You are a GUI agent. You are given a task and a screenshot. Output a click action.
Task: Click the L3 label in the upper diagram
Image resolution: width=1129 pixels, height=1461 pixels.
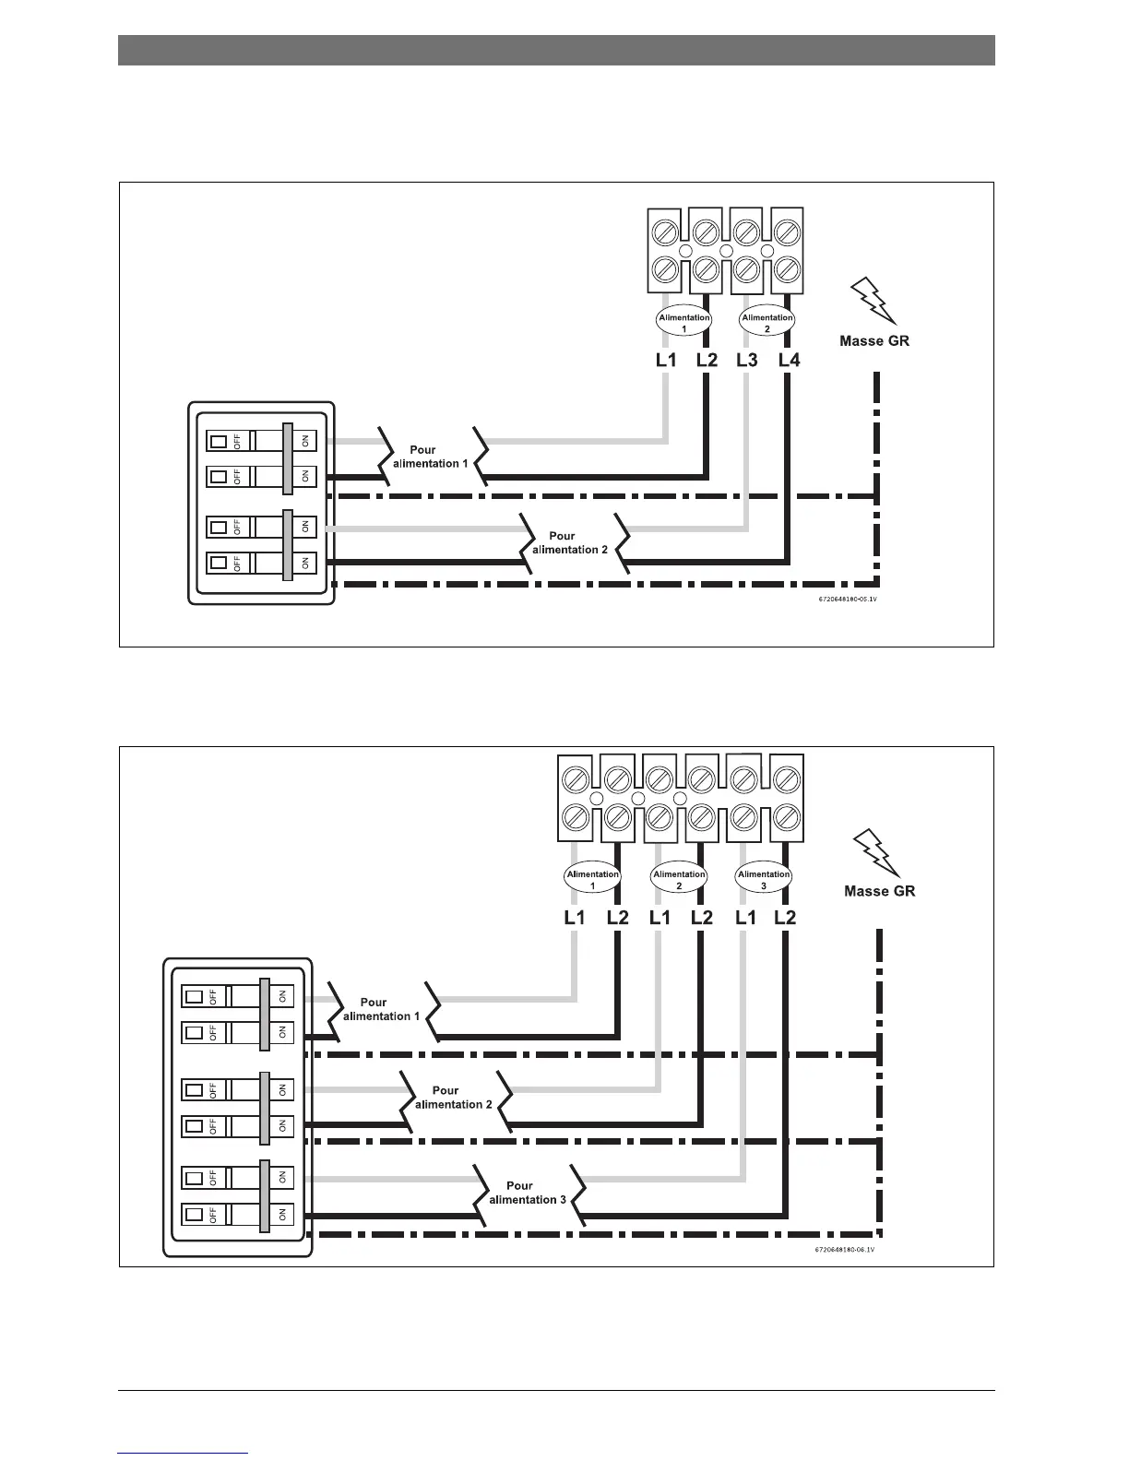[x=747, y=360]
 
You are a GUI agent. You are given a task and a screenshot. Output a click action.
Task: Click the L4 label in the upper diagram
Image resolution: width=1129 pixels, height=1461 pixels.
[x=790, y=360]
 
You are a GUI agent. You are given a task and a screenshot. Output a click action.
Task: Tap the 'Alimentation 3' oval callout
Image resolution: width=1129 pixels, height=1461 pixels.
[x=764, y=879]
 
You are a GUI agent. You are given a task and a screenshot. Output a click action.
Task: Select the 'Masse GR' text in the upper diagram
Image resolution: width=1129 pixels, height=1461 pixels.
[x=874, y=340]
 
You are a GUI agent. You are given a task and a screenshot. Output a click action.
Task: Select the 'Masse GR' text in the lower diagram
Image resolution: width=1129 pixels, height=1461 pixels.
[x=880, y=891]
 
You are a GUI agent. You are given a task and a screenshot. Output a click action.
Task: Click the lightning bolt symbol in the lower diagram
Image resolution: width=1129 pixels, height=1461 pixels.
[x=877, y=852]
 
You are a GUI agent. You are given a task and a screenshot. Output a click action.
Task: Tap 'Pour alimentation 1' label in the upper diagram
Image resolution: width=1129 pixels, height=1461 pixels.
[x=425, y=457]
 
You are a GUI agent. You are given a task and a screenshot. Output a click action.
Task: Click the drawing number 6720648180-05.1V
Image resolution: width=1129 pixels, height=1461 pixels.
[x=847, y=599]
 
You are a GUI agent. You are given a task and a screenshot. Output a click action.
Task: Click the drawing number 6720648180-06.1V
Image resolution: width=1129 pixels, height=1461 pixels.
[x=844, y=1251]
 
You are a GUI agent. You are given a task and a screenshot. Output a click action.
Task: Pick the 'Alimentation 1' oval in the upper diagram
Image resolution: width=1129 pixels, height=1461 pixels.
[x=684, y=322]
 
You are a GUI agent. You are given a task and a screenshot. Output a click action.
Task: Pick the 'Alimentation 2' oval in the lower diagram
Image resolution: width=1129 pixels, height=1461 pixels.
[x=679, y=879]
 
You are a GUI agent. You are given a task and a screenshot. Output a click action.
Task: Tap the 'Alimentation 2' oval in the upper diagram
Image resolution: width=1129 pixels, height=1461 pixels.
[x=767, y=322]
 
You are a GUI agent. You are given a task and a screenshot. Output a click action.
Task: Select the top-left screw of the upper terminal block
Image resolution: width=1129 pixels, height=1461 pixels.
[x=665, y=230]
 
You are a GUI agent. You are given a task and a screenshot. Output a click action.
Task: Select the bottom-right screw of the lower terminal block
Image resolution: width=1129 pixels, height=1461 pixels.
[x=785, y=817]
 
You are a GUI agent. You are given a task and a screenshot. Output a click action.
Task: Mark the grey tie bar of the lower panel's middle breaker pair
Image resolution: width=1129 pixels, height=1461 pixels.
[x=266, y=1107]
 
